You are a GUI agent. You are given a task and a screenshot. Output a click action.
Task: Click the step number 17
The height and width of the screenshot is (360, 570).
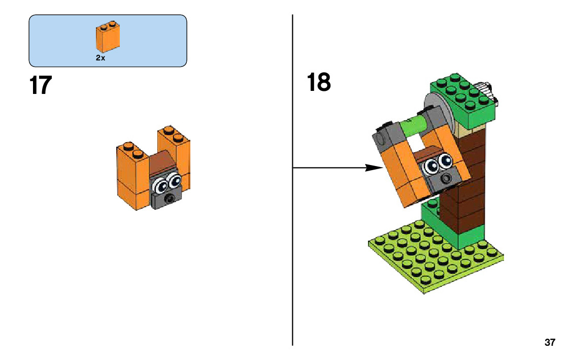(x=41, y=85)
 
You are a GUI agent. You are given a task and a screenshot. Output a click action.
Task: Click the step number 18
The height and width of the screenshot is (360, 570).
(x=319, y=82)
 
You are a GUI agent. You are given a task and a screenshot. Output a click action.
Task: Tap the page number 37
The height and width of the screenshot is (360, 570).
(x=550, y=342)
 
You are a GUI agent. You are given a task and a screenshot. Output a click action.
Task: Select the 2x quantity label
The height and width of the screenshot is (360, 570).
(x=100, y=58)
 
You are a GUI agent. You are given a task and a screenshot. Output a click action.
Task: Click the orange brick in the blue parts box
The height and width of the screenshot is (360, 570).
(x=108, y=38)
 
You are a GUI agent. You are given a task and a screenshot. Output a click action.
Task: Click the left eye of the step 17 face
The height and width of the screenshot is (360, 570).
(x=160, y=184)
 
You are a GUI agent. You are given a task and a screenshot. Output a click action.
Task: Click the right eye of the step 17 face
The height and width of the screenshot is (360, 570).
(x=174, y=180)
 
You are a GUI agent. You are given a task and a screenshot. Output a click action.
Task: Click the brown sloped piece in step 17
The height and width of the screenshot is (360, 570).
(x=160, y=162)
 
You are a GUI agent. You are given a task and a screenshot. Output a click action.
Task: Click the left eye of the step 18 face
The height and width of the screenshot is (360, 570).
(x=432, y=166)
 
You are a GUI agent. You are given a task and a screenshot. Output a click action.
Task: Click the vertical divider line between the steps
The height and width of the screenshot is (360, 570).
(x=293, y=228)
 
